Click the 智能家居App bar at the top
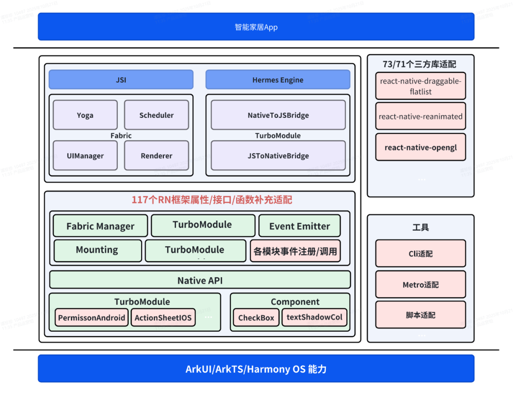(x=256, y=27)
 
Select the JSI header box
(x=121, y=80)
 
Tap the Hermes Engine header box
(x=277, y=80)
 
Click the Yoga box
(x=85, y=115)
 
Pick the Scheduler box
(x=156, y=115)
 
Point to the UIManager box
(x=85, y=155)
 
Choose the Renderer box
(x=156, y=155)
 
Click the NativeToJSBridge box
(x=278, y=115)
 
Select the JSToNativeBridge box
(x=278, y=155)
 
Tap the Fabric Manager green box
(x=100, y=226)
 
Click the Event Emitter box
(x=299, y=226)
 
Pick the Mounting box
(x=97, y=250)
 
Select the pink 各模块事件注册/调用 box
(x=295, y=251)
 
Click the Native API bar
(x=200, y=280)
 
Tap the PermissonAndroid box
(x=92, y=318)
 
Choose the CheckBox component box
(x=256, y=318)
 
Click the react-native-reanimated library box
(x=420, y=116)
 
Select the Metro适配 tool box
(x=420, y=285)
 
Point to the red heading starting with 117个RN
(x=212, y=200)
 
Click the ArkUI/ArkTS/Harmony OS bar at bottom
(x=256, y=369)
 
